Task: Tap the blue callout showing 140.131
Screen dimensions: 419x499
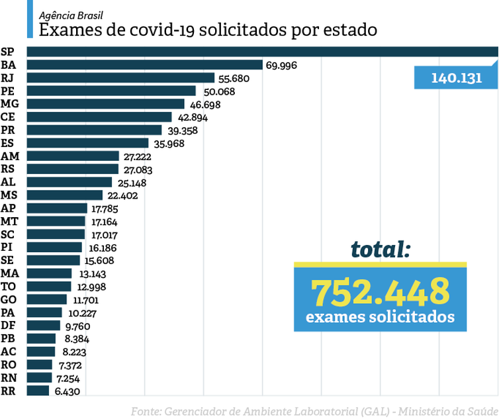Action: pos(456,77)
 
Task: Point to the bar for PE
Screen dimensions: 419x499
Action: pos(112,91)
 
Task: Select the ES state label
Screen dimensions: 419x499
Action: pos(8,143)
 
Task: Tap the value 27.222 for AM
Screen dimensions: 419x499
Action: pos(139,156)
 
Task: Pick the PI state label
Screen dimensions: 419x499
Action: pos(7,247)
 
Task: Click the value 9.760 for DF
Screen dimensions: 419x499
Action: pos(77,326)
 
